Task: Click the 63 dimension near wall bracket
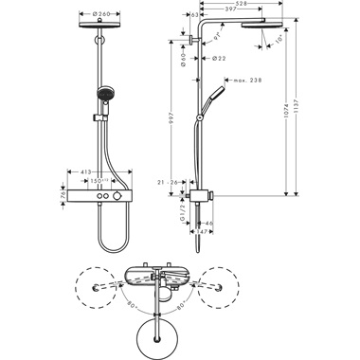(x=193, y=15)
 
